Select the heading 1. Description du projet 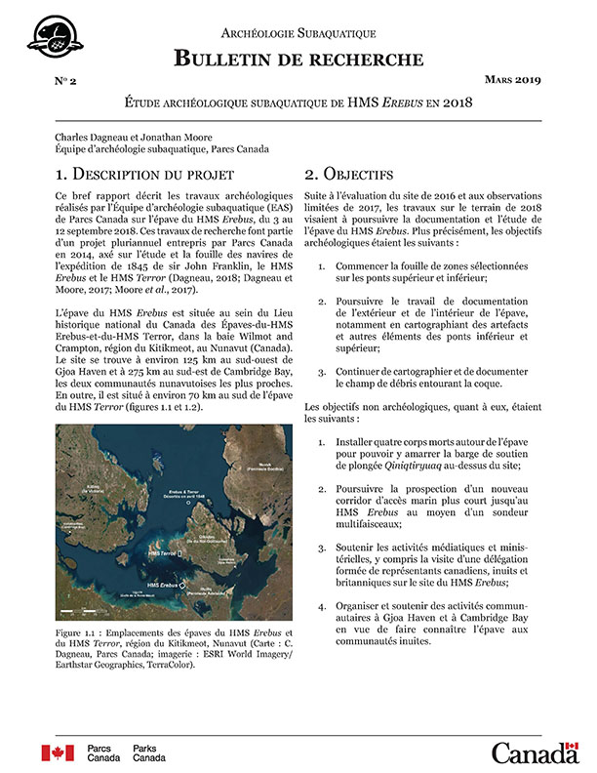[144, 175]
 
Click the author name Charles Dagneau [94, 137]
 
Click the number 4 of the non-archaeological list [322, 606]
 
